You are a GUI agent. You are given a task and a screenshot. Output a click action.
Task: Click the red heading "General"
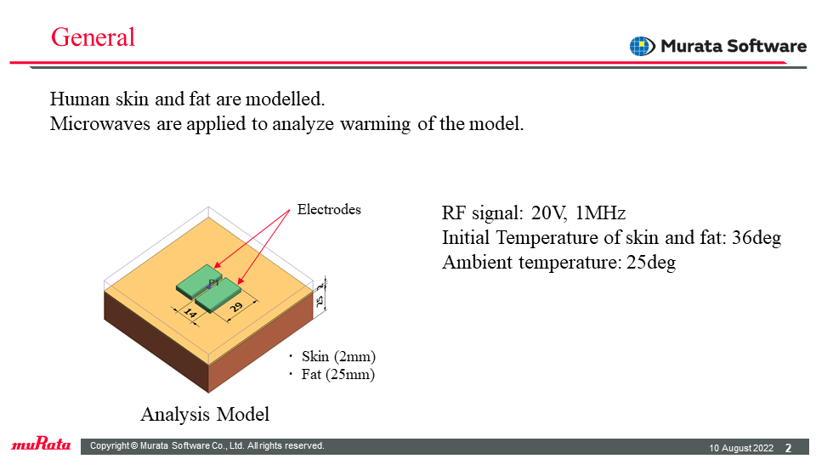point(93,37)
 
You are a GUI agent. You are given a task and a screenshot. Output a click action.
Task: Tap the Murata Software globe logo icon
point(643,46)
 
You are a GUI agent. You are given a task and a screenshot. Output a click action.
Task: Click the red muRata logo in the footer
point(41,444)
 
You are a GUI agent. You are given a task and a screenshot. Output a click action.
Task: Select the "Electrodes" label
point(329,209)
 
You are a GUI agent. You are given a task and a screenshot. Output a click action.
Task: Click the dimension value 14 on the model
point(190,314)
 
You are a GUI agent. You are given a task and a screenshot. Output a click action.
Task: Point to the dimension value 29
point(236,307)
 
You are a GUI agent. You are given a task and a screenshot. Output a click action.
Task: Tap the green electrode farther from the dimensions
point(199,281)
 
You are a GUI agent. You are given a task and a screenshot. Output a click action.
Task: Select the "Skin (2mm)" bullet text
point(338,356)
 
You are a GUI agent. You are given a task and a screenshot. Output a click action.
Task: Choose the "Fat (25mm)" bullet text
point(337,374)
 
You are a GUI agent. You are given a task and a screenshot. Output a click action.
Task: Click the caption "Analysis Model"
point(205,414)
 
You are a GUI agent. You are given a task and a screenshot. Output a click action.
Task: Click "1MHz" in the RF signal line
point(601,212)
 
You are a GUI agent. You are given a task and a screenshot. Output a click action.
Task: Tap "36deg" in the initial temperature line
point(756,238)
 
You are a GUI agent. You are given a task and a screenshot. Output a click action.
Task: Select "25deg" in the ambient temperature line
point(651,263)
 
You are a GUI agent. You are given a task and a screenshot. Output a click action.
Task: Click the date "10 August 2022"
point(741,448)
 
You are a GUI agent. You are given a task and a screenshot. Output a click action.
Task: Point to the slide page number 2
point(789,448)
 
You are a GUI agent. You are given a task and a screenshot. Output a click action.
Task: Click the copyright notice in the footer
point(207,445)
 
